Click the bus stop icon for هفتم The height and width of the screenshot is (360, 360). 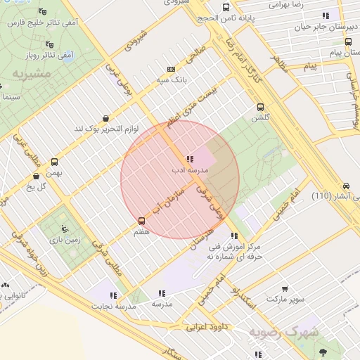tap(142, 221)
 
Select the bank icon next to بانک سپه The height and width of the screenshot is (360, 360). tap(171, 70)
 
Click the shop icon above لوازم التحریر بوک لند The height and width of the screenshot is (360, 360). tap(105, 118)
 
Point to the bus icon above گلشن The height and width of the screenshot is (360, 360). tap(261, 108)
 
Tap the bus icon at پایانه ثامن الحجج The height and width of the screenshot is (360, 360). tap(225, 9)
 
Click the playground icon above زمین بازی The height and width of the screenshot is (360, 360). tap(65, 228)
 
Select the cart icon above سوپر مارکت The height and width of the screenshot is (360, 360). tap(284, 288)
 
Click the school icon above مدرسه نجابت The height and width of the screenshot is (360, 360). tap(113, 295)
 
